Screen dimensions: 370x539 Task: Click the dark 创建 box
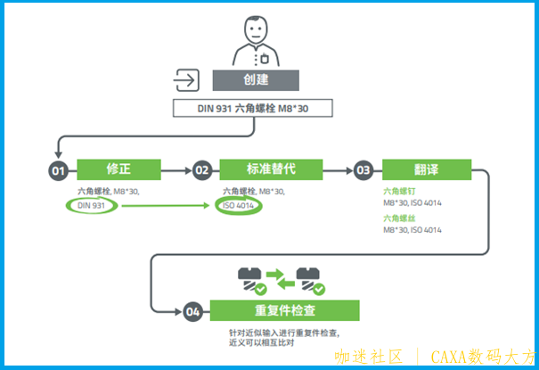coord(255,79)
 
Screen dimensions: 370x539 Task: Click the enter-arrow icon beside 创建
coord(187,79)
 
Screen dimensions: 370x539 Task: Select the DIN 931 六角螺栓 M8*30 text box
coord(254,109)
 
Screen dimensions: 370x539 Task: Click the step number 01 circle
coord(59,169)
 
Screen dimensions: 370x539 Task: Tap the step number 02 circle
coord(202,169)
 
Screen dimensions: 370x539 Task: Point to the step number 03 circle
coord(363,169)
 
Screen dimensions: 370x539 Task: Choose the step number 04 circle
coord(192,311)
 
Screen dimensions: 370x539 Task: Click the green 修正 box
coord(118,169)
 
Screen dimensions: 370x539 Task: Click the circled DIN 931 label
coord(91,207)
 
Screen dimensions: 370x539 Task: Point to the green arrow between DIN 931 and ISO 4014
coord(165,207)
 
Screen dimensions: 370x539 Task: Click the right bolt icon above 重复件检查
coord(311,278)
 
